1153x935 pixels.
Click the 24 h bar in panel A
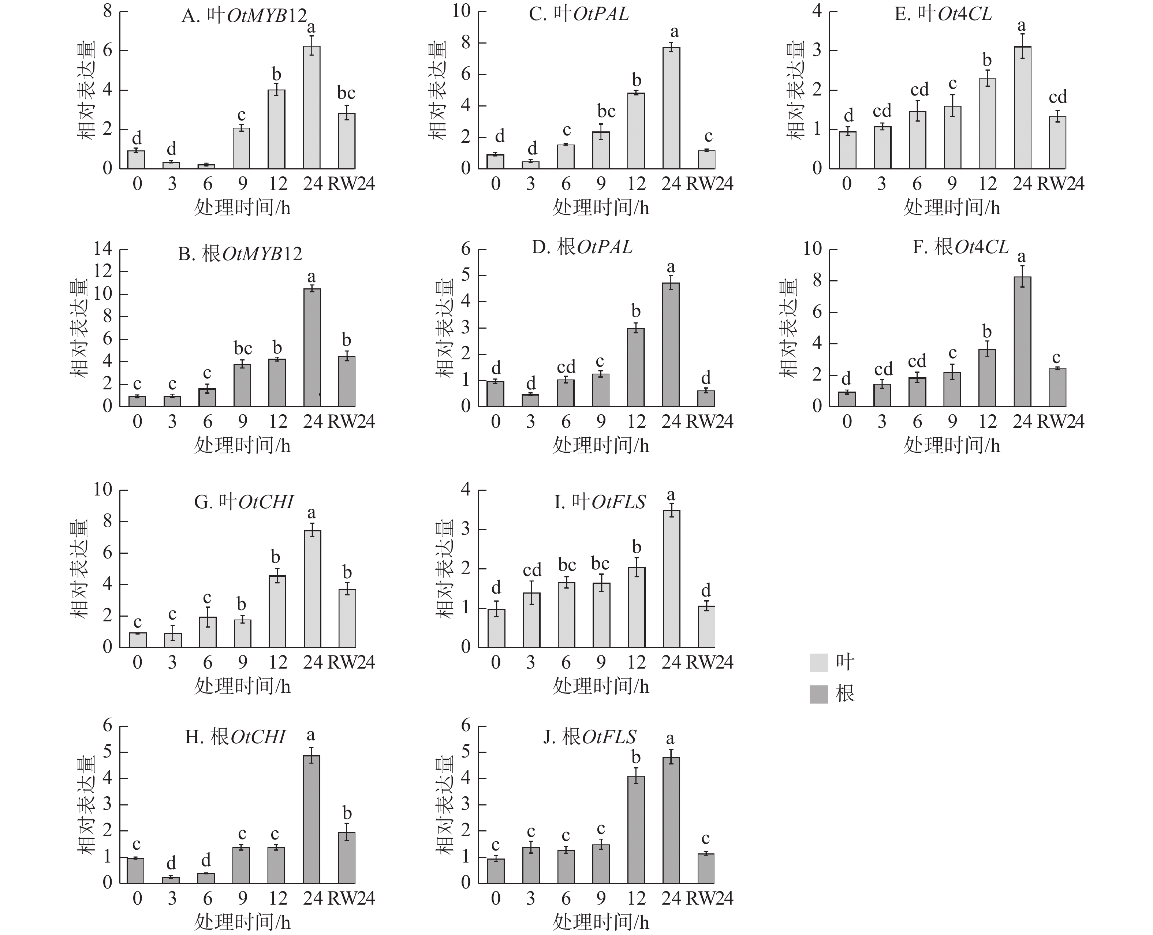311,108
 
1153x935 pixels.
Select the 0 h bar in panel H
136,870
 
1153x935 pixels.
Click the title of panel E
943,14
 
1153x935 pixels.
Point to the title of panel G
243,502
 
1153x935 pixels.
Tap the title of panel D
582,247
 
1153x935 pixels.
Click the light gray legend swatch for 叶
818,662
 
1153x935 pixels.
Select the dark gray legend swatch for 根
818,694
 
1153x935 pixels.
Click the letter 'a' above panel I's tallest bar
671,495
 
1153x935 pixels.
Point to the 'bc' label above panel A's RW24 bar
346,93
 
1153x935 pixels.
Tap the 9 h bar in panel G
242,633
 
